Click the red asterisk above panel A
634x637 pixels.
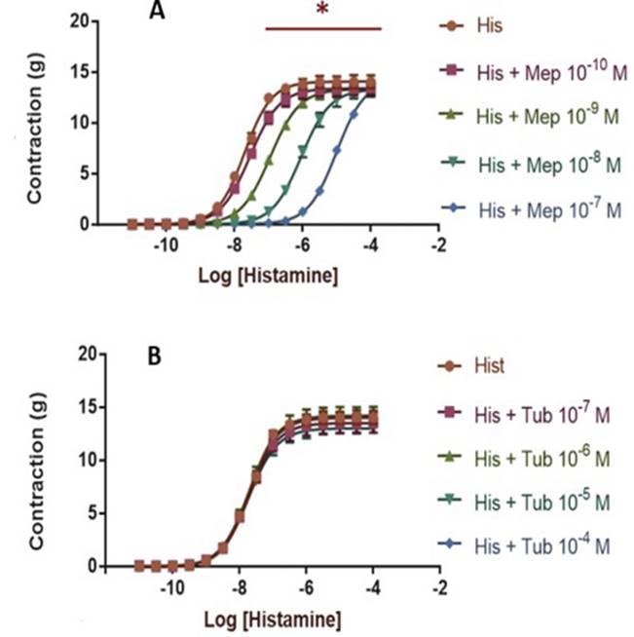click(321, 10)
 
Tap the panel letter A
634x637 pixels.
click(156, 11)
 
